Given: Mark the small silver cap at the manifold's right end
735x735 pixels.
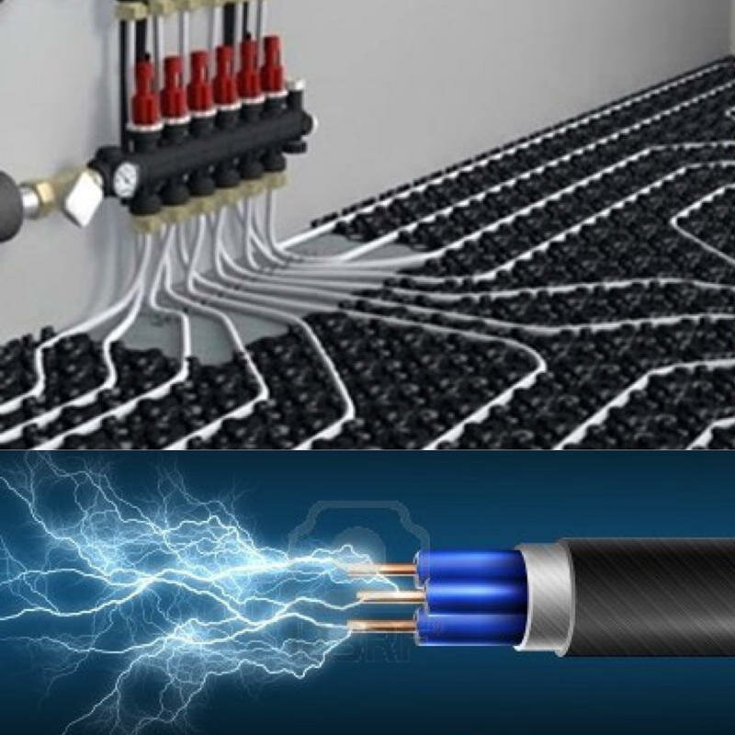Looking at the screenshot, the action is [x=296, y=96].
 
